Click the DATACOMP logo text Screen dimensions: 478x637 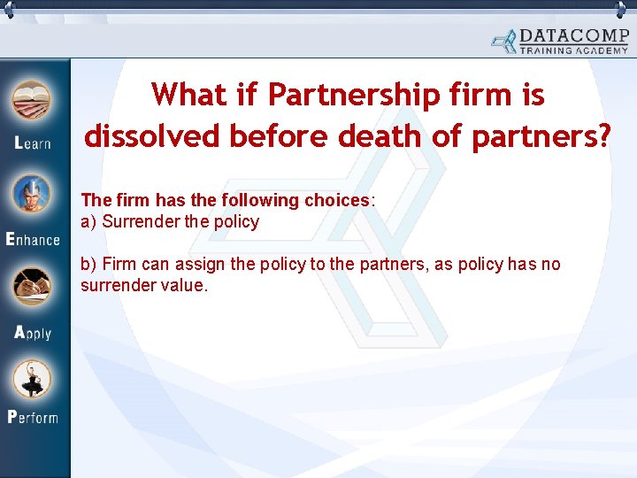(572, 36)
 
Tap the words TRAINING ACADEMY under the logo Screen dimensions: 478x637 (572, 50)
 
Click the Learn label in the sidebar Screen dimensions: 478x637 (33, 143)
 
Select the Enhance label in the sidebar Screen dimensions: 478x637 (33, 238)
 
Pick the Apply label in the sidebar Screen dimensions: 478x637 (33, 333)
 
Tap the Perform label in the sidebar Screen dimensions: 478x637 (33, 416)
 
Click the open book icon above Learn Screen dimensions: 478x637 (32, 99)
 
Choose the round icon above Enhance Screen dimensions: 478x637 (32, 196)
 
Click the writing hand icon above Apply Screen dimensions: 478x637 (32, 287)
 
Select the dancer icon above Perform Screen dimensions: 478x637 (32, 378)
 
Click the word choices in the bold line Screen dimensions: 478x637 (336, 200)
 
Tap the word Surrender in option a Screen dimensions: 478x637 (142, 221)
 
